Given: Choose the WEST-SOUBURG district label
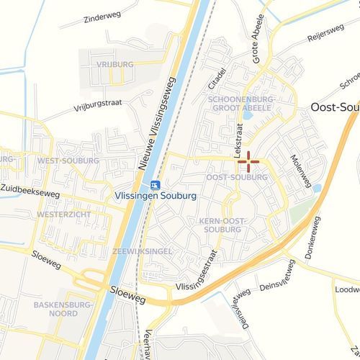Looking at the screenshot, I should (x=68, y=161).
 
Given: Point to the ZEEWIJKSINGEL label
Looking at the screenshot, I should (x=142, y=251).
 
